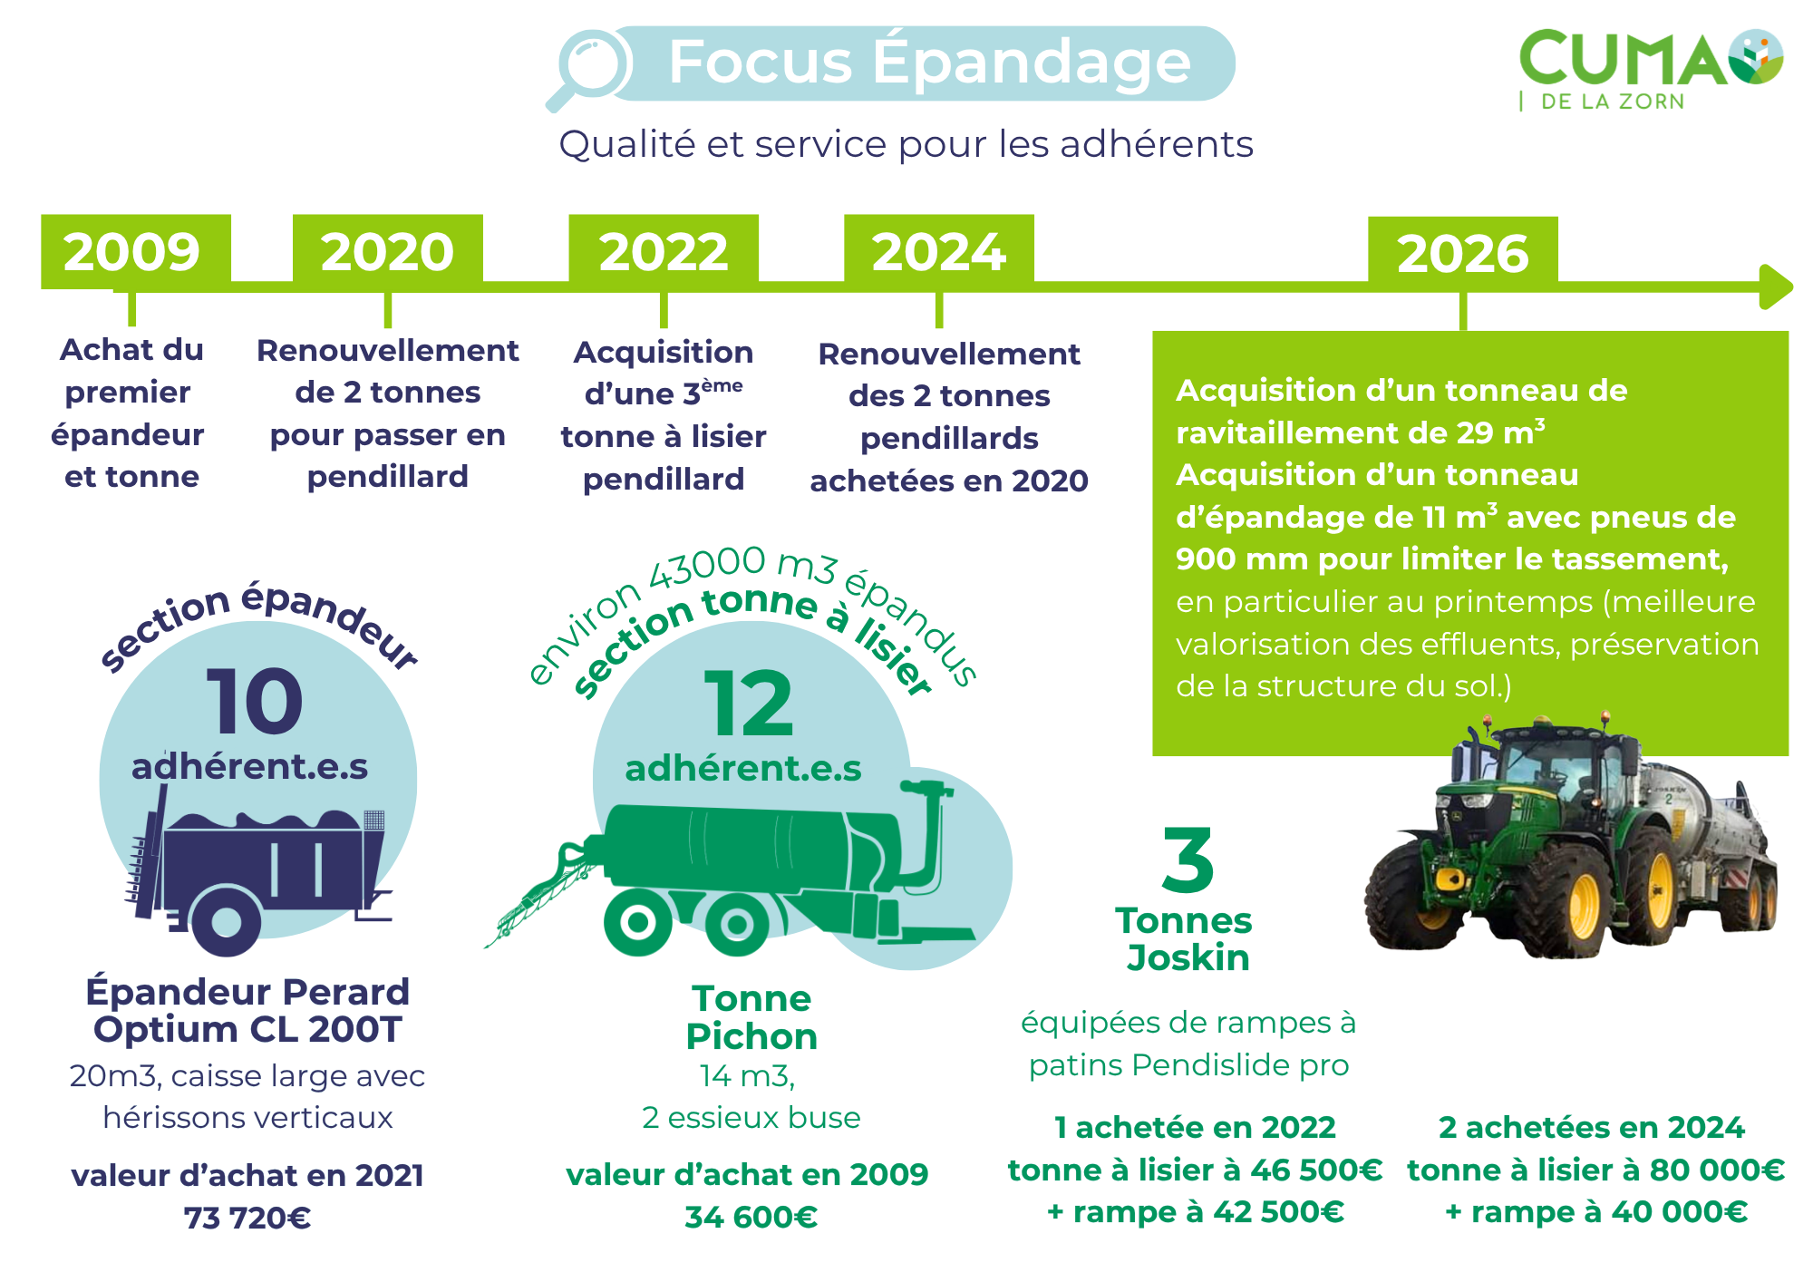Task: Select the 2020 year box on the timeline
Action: click(387, 252)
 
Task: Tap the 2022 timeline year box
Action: click(664, 252)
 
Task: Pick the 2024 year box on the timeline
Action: click(939, 252)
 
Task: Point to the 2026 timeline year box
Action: click(1463, 253)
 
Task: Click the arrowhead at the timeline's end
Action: click(1776, 287)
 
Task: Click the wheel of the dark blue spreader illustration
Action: click(226, 921)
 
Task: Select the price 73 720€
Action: click(247, 1218)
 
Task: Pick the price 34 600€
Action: click(751, 1217)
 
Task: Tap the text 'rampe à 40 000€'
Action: click(1609, 1212)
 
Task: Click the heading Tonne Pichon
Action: click(751, 1017)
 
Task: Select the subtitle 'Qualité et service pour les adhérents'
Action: click(906, 144)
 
